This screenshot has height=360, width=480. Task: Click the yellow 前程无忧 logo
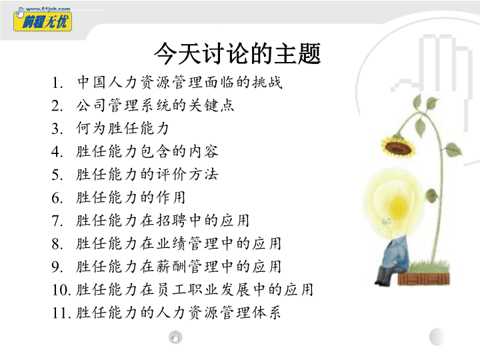[43, 21]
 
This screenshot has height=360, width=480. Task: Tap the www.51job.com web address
[48, 9]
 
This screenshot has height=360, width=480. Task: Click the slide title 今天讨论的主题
[237, 53]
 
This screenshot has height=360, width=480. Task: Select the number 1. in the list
[57, 83]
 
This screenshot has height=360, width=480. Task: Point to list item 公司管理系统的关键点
[155, 105]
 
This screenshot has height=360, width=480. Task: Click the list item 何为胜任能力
[123, 128]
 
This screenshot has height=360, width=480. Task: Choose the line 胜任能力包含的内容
[147, 151]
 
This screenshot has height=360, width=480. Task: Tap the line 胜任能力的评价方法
[147, 175]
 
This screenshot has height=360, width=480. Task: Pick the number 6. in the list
[57, 198]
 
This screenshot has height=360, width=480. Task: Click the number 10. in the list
[61, 290]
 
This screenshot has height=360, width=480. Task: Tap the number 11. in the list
[61, 313]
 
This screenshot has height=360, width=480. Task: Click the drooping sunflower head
[398, 147]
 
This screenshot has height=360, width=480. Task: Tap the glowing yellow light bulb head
[394, 203]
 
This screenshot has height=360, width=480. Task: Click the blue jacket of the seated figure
[396, 254]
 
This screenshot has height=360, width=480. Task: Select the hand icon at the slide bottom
[175, 337]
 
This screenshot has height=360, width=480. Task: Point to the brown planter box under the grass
[424, 279]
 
